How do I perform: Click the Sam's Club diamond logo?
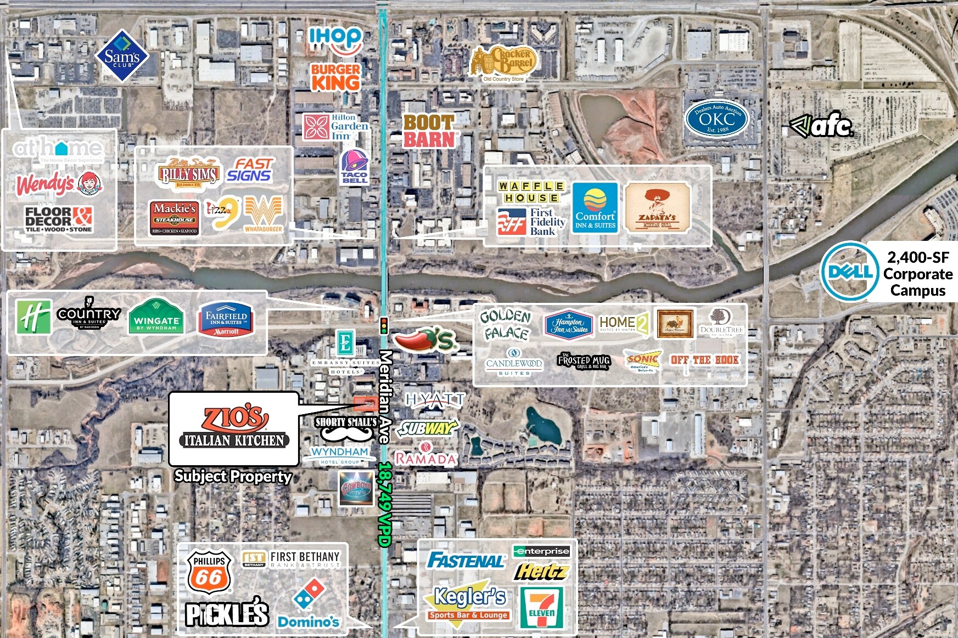pyautogui.click(x=122, y=56)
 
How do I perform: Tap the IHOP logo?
pyautogui.click(x=335, y=39)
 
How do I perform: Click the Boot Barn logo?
pyautogui.click(x=429, y=131)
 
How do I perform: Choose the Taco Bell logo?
pyautogui.click(x=355, y=167)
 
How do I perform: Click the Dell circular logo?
pyautogui.click(x=847, y=271)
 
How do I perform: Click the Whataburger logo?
pyautogui.click(x=264, y=214)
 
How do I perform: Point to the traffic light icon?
pyautogui.click(x=384, y=325)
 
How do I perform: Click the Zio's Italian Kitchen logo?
pyautogui.click(x=234, y=427)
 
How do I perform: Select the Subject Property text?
pyautogui.click(x=233, y=476)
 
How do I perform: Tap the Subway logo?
pyautogui.click(x=427, y=428)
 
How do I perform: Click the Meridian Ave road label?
pyautogui.click(x=386, y=397)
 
